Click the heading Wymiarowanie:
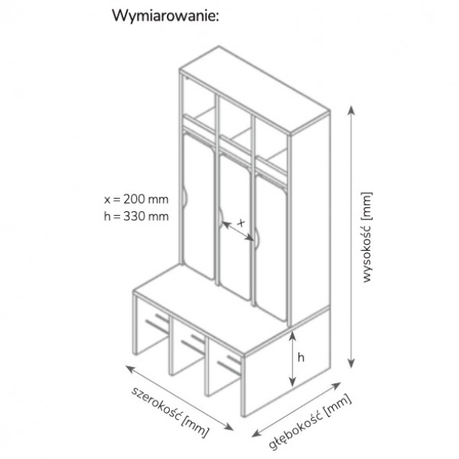point(165,16)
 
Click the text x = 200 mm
point(136,199)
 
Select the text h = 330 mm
point(136,216)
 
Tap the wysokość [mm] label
point(366,237)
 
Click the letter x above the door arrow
point(241,223)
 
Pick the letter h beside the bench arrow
point(301,357)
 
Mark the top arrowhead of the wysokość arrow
point(352,111)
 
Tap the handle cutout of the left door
point(184,198)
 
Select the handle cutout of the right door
point(257,239)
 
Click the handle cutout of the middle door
point(221,218)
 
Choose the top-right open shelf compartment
point(271,145)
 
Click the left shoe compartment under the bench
point(152,325)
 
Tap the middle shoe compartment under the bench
point(189,346)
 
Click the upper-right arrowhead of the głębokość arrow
point(337,386)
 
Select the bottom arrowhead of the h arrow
point(292,382)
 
